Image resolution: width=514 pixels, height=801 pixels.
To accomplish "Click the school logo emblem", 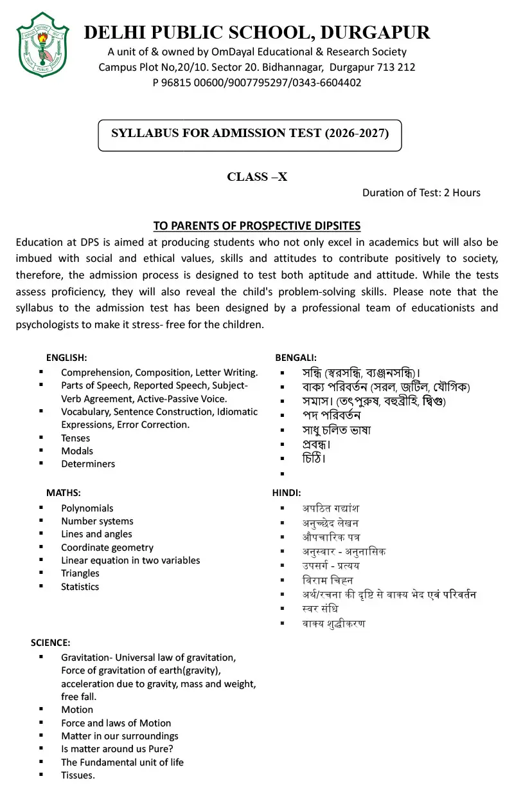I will coord(42,44).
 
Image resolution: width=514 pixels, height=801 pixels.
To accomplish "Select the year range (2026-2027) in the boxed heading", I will coord(356,133).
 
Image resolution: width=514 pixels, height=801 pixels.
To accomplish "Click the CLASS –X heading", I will coord(257,177).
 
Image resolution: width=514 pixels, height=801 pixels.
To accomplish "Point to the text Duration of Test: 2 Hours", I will coord(421,192).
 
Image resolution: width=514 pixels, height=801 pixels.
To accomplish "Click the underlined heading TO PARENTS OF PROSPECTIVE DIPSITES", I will coord(257,226).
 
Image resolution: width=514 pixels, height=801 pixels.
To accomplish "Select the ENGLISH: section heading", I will coord(66,358).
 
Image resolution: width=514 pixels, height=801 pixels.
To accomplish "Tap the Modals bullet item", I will coord(77,451).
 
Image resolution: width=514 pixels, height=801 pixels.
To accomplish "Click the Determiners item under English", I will coord(88,464).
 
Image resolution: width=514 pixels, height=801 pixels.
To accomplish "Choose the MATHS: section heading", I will coord(63,493).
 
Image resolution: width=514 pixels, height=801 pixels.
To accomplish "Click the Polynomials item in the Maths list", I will coord(87,508).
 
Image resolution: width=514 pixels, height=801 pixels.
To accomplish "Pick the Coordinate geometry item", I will coord(107,548).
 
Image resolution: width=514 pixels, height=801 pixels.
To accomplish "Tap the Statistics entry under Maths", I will coord(80,587).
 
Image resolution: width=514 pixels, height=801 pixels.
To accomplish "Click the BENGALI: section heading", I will coord(296,358).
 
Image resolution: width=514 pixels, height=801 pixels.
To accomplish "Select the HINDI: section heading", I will coord(287,493).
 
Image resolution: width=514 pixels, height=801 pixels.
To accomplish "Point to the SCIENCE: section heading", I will coord(51,643).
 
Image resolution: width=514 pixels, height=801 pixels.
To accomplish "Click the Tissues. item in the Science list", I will coord(78,775).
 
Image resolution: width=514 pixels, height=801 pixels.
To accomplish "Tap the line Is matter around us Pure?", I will coord(117,749).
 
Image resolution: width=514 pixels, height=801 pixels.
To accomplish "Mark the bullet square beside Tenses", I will coord(41,437).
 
